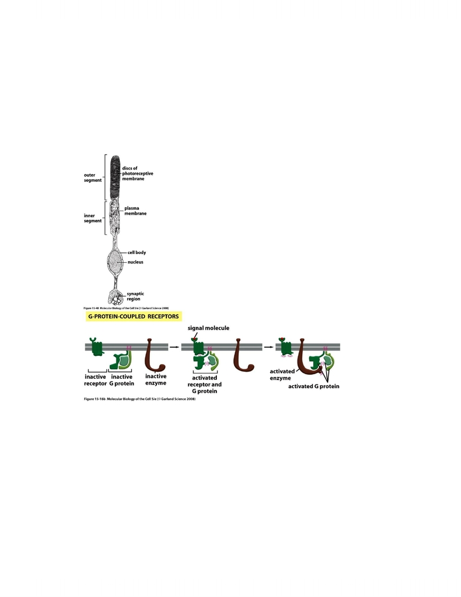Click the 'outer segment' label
(92, 178)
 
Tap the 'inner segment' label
(92, 218)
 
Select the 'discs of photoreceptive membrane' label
(138, 174)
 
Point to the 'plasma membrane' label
(135, 211)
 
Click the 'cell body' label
(136, 252)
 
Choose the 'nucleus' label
(135, 262)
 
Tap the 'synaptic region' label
(135, 296)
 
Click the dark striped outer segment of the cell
(115, 178)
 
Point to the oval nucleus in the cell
(115, 261)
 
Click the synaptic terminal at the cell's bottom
(115, 297)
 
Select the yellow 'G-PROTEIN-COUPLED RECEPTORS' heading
(133, 316)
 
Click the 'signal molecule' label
(208, 328)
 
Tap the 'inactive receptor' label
(95, 380)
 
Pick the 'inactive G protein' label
(122, 380)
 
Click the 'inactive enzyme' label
(156, 379)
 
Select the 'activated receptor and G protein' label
(205, 385)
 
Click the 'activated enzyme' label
(282, 375)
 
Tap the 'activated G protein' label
(313, 386)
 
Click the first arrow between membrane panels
(175, 347)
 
